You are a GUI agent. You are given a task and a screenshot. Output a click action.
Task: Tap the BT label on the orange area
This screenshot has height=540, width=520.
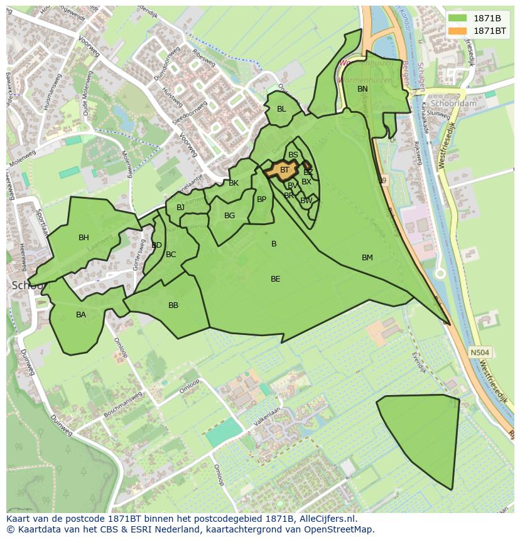(x=284, y=170)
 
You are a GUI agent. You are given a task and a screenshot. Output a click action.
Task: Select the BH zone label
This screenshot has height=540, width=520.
(x=84, y=238)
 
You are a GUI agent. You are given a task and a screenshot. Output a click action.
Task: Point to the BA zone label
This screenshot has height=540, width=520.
(x=81, y=315)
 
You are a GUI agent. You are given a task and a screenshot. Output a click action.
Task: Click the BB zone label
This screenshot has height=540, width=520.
(x=173, y=305)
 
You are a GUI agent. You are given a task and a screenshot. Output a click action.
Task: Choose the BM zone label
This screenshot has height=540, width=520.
(x=367, y=258)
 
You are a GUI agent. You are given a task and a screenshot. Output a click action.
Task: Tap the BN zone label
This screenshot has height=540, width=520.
(x=362, y=89)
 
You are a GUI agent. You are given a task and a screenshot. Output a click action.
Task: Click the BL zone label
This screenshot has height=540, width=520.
(x=281, y=109)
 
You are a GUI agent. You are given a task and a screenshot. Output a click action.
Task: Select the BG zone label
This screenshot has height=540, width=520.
(x=229, y=216)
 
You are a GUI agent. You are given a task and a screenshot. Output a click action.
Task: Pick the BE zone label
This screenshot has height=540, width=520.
(x=275, y=279)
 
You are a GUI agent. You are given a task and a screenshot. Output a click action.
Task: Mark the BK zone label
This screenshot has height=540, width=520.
(x=234, y=183)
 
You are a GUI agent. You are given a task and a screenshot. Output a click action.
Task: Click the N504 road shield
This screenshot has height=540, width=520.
(x=479, y=353)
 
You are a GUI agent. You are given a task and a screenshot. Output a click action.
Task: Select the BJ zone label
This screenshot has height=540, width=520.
(x=181, y=208)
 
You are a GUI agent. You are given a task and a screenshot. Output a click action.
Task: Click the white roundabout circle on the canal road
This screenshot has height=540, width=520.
(x=440, y=273)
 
